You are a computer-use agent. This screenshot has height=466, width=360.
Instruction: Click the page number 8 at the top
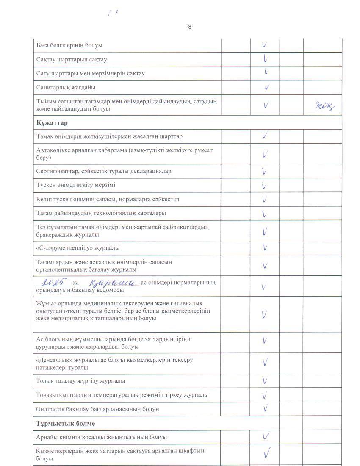189,27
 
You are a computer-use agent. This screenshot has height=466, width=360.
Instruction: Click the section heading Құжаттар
53,123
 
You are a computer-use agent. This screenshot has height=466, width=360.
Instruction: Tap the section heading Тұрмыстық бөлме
66,424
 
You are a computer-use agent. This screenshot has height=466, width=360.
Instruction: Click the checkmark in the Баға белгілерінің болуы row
265,45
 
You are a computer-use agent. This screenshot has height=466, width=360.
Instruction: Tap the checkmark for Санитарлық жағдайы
267,88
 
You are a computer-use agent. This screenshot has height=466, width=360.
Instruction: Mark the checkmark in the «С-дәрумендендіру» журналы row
265,247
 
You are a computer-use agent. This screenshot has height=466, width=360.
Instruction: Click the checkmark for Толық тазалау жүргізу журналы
265,381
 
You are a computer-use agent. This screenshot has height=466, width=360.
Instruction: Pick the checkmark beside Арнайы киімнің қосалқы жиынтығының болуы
266,436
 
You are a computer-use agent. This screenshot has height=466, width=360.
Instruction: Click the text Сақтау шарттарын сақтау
72,60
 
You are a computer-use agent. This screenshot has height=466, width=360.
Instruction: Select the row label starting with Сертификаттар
104,171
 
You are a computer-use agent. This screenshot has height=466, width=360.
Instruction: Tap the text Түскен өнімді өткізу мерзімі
76,185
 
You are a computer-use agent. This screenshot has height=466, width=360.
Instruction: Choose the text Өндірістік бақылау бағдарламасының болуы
98,409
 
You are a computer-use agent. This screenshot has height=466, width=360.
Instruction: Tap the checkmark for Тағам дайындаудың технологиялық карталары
265,214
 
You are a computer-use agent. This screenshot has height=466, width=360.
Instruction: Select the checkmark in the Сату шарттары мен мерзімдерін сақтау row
266,72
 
